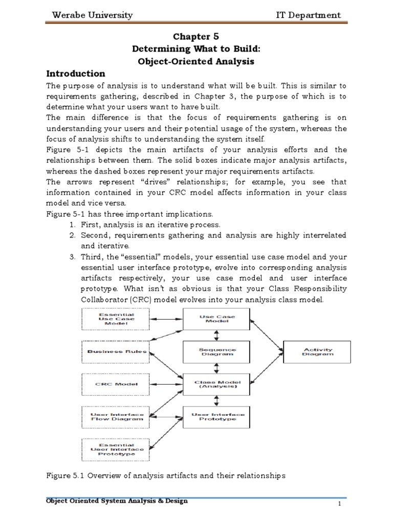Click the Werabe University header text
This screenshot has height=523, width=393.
(92, 15)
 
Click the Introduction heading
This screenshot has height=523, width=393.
(76, 73)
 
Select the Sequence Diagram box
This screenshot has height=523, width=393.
(217, 351)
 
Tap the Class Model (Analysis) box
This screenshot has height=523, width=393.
(217, 384)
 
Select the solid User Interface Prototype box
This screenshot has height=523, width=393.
(217, 417)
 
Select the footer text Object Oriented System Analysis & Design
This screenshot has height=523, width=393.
(117, 501)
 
